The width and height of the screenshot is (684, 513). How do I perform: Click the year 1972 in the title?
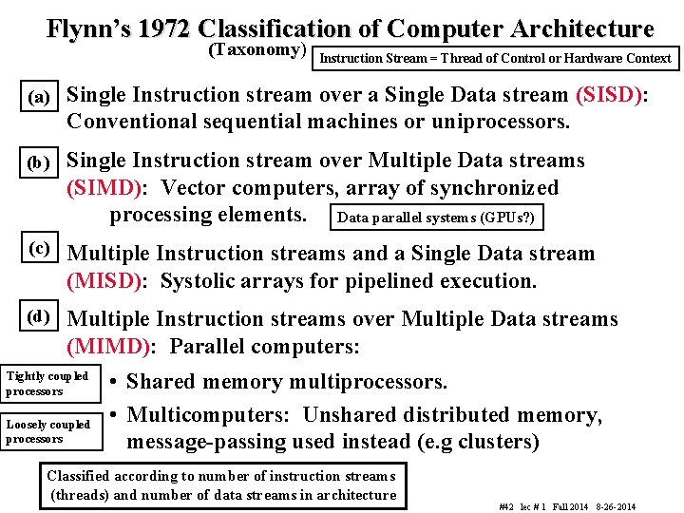pyautogui.click(x=163, y=28)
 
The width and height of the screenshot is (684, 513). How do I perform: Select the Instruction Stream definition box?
pyautogui.click(x=495, y=58)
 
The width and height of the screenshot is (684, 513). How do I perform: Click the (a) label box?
pyautogui.click(x=40, y=97)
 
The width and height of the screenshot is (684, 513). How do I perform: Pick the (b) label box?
pyautogui.click(x=40, y=162)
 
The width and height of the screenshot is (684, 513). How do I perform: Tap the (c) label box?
pyautogui.click(x=40, y=248)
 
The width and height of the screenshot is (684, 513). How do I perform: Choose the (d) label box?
pyautogui.click(x=40, y=315)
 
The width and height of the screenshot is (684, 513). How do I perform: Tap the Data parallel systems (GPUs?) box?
pyautogui.click(x=437, y=218)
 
